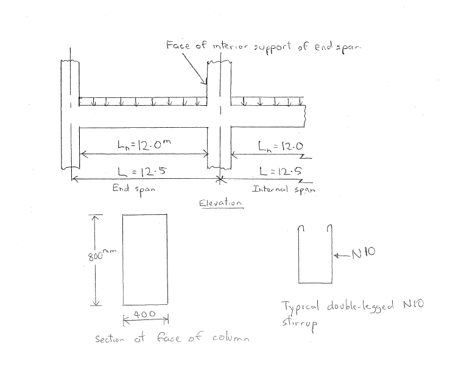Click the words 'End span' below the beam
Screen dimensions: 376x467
click(x=134, y=188)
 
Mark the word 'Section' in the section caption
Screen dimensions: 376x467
click(x=110, y=338)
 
